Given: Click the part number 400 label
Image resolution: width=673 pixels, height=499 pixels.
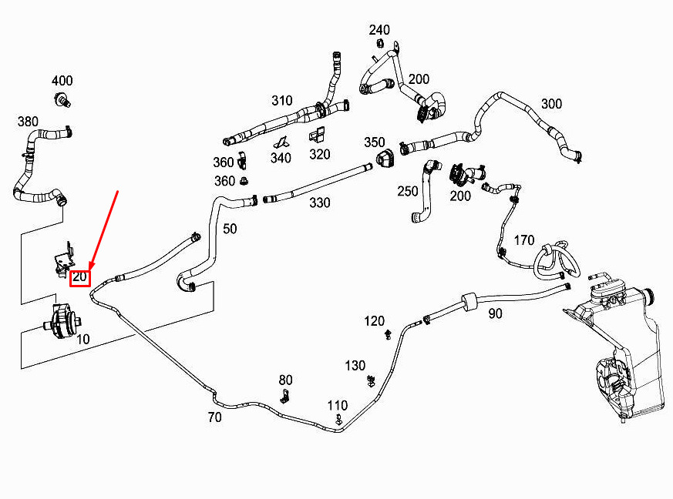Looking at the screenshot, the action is click(62, 81).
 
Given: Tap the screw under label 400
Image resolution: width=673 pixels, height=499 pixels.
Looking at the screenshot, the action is click(62, 100).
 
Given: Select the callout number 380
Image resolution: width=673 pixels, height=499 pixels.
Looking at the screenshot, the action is click(28, 122).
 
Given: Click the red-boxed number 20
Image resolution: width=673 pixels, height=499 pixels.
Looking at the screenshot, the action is click(80, 277).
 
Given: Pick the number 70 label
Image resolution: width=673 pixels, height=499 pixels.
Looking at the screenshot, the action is click(214, 417).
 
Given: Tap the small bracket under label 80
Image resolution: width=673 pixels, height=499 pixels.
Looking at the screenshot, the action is click(285, 396).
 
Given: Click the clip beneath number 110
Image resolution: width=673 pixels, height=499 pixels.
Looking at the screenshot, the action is click(338, 419).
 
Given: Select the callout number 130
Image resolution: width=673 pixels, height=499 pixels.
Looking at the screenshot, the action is click(355, 366).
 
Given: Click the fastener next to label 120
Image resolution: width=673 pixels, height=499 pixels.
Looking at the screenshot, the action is click(389, 334).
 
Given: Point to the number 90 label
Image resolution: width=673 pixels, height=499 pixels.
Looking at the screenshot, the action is click(495, 314).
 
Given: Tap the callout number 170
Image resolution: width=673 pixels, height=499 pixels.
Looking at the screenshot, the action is click(524, 240).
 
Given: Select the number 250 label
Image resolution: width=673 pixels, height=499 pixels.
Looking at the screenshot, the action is click(407, 191).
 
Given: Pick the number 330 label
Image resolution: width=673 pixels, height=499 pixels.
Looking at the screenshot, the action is click(320, 203).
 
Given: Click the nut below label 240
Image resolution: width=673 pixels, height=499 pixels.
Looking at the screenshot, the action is click(380, 43).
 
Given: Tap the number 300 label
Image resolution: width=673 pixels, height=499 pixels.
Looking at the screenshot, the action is click(551, 104).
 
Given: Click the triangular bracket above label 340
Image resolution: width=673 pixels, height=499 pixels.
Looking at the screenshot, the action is click(281, 142).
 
